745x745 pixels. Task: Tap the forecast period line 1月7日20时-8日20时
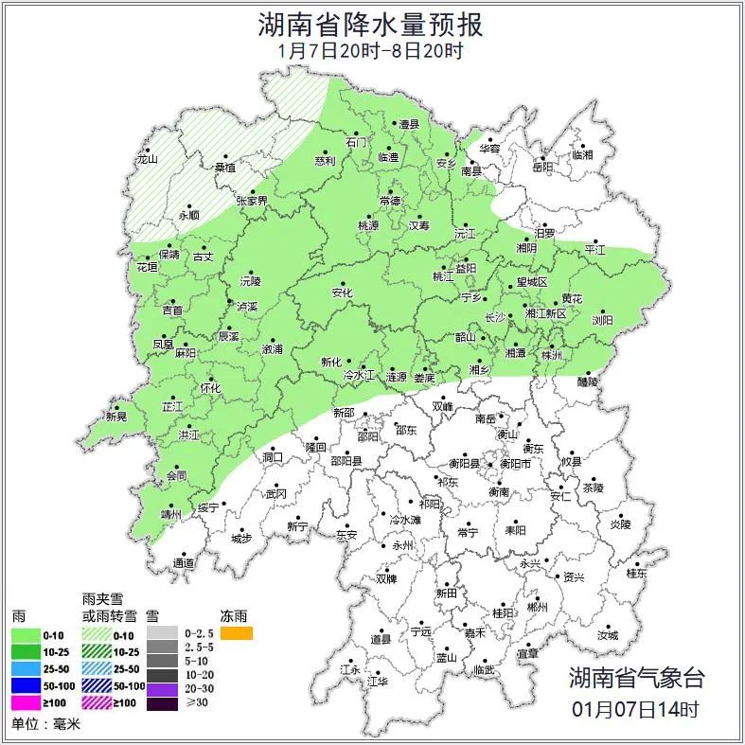click(x=372, y=51)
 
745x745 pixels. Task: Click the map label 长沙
click(x=495, y=318)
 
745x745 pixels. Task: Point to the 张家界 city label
click(x=252, y=202)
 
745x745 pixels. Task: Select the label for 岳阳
click(x=541, y=168)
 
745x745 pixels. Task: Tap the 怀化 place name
click(x=210, y=388)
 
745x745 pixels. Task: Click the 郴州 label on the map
click(x=537, y=607)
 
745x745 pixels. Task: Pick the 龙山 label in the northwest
click(x=147, y=160)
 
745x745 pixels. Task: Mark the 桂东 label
click(x=637, y=573)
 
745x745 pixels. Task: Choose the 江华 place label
click(x=378, y=681)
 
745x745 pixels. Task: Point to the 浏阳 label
click(x=602, y=321)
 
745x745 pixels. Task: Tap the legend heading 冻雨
click(x=234, y=615)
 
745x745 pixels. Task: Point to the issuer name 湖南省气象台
click(x=636, y=677)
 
